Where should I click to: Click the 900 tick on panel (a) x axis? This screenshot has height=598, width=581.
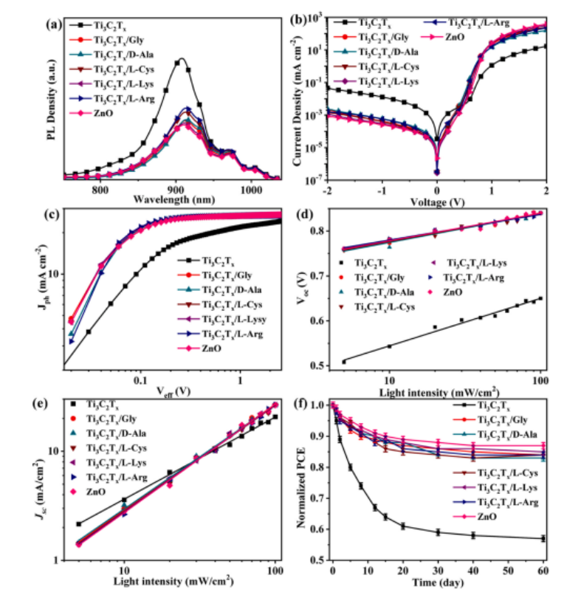175,189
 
